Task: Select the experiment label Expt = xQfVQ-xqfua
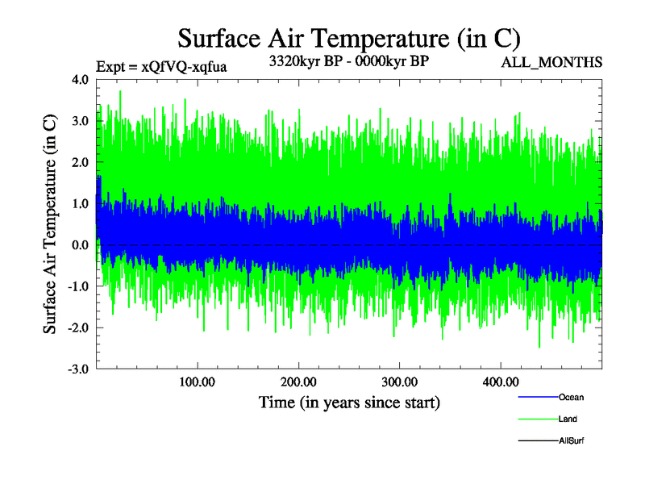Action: coord(161,67)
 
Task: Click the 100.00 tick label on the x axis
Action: coord(197,382)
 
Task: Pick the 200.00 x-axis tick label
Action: coord(298,382)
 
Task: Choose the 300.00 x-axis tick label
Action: coord(399,382)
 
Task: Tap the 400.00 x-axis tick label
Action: coord(501,382)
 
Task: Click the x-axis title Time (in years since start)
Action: coord(349,401)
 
